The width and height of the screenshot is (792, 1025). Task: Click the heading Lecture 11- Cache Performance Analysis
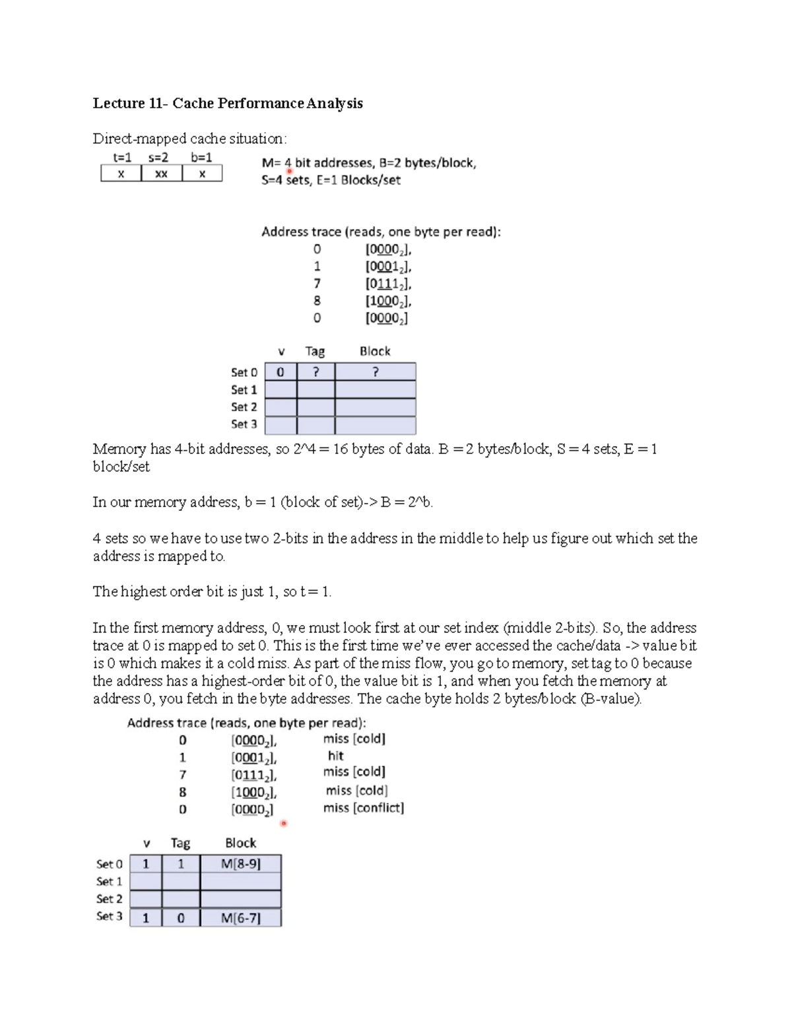[228, 103]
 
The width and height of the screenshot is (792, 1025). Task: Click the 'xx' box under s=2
[161, 174]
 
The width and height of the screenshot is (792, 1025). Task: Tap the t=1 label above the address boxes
[122, 158]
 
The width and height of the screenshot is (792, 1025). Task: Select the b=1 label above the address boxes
[201, 158]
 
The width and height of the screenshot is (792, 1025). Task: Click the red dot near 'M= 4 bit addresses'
[289, 172]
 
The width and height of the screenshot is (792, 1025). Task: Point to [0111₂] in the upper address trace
[388, 284]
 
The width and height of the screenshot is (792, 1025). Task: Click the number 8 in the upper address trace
[317, 301]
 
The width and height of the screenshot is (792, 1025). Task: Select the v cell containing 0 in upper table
[280, 372]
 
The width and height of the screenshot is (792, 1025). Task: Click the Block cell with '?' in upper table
[375, 372]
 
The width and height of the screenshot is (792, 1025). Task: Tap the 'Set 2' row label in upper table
[244, 407]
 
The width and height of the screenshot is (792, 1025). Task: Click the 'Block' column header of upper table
[375, 351]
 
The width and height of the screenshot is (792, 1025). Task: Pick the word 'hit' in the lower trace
[335, 756]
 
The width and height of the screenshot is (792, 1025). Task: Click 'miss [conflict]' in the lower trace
[363, 808]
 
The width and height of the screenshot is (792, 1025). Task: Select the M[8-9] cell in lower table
[240, 864]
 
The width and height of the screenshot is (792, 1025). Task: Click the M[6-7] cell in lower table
[240, 918]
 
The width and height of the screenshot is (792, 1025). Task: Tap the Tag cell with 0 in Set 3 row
[181, 918]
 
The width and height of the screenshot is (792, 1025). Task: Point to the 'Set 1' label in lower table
[110, 882]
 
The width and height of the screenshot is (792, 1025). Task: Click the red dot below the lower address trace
[284, 823]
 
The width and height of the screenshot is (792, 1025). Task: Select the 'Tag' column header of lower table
[180, 843]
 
